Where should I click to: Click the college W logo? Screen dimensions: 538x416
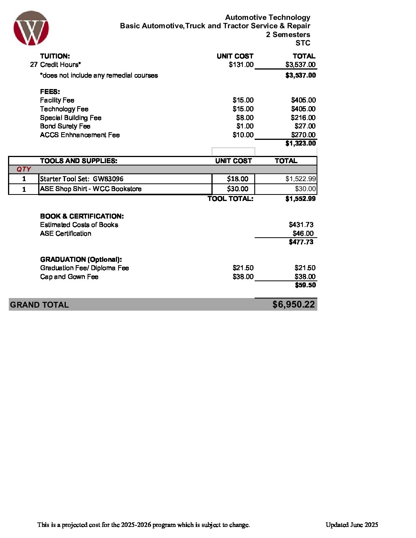click(31, 28)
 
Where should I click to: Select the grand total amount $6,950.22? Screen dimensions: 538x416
click(293, 305)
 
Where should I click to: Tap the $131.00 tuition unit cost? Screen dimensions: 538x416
click(241, 65)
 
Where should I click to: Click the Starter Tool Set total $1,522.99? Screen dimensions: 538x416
click(301, 179)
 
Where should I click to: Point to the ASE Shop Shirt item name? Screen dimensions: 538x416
click(91, 189)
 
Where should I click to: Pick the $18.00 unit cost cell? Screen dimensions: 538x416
click(237, 179)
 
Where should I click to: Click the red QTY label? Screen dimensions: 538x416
click(24, 169)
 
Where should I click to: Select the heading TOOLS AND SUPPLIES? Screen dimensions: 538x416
click(78, 161)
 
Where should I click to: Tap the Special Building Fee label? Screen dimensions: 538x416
click(71, 118)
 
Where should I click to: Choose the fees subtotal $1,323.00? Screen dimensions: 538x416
click(301, 143)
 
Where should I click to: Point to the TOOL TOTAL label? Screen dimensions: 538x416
click(230, 199)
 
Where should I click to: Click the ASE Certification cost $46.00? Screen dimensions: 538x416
click(303, 233)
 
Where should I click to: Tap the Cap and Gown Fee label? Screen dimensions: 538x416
click(69, 277)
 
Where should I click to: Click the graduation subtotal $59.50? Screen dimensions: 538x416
click(305, 285)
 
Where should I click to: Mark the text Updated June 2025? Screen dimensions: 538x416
click(352, 525)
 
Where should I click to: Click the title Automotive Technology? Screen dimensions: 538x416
click(268, 18)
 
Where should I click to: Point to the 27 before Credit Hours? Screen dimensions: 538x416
click(34, 65)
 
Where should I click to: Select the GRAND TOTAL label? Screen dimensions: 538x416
click(39, 305)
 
